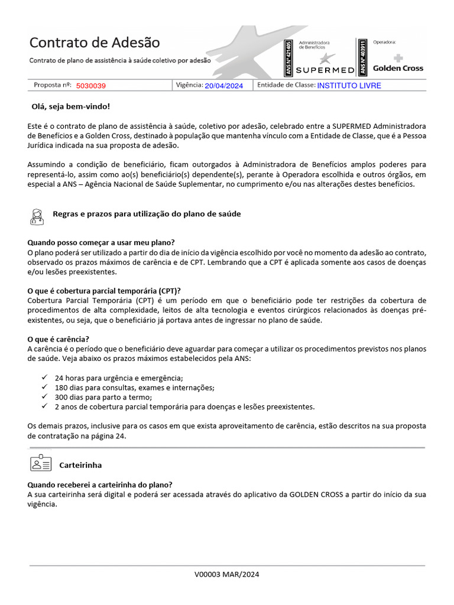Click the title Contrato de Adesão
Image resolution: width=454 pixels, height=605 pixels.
[x=95, y=43]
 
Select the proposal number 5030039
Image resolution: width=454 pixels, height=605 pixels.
[x=91, y=86]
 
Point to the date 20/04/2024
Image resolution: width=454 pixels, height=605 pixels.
[x=224, y=86]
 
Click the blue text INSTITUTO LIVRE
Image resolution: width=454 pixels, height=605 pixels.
[x=349, y=86]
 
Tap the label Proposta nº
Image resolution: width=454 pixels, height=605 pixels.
[x=52, y=85]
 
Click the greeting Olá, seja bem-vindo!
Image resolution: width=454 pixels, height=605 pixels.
[x=70, y=107]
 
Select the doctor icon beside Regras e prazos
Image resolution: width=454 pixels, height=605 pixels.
[x=37, y=216]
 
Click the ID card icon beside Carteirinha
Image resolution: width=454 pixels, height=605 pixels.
[x=40, y=463]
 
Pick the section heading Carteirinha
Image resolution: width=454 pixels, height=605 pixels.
[x=80, y=466]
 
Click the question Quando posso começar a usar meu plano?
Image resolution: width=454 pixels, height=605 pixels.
[x=101, y=243]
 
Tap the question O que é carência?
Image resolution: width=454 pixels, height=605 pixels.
[x=59, y=339]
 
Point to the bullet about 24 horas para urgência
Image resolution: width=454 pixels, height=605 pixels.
[x=119, y=378]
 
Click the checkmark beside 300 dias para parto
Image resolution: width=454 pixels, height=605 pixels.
[x=45, y=397]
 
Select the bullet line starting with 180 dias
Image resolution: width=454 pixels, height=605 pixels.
[x=134, y=388]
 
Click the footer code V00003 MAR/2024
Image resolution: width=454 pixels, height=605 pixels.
[x=227, y=574]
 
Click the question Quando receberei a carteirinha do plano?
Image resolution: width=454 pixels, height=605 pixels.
[x=100, y=484]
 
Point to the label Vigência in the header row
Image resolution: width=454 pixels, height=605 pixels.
[x=189, y=85]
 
